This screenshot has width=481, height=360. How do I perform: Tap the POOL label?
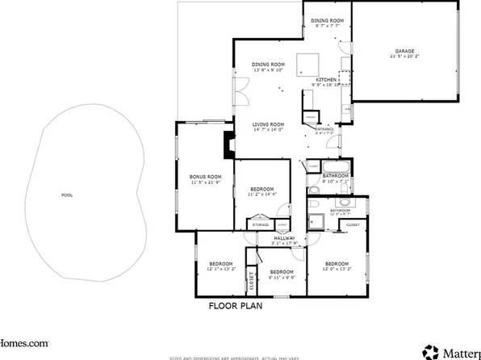pyautogui.click(x=66, y=195)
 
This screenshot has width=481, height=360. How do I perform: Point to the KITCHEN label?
pyautogui.click(x=327, y=80)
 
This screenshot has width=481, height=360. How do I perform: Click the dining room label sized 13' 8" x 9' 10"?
pyautogui.click(x=268, y=65)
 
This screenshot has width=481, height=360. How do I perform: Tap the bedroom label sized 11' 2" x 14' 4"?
pyautogui.click(x=261, y=190)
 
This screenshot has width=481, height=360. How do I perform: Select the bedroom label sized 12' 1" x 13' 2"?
pyautogui.click(x=220, y=264)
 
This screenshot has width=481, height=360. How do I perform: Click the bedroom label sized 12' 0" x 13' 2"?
pyautogui.click(x=337, y=264)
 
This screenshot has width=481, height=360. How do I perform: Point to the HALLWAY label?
pyautogui.click(x=284, y=239)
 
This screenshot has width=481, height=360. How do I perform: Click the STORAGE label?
pyautogui.click(x=260, y=224)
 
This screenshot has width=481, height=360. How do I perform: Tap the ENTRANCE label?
pyautogui.click(x=324, y=129)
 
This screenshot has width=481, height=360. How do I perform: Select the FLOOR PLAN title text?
pyautogui.click(x=236, y=306)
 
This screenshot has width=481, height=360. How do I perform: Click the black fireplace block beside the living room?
pyautogui.click(x=228, y=145)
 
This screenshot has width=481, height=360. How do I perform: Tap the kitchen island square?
pyautogui.click(x=307, y=64)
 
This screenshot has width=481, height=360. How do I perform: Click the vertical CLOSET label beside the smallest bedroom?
pyautogui.click(x=252, y=280)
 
